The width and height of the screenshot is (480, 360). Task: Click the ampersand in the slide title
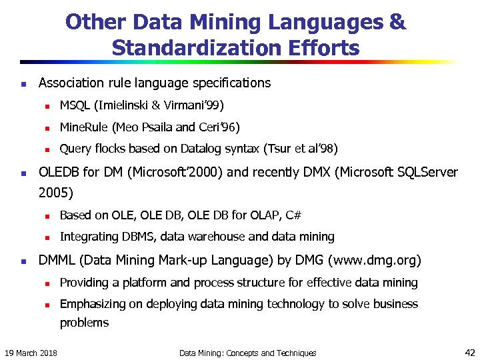click(x=397, y=23)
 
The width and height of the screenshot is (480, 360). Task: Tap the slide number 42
click(x=467, y=352)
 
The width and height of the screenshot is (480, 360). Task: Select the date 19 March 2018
click(x=31, y=353)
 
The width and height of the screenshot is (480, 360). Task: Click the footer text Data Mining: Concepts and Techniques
click(x=247, y=353)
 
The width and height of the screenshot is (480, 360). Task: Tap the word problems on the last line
click(x=84, y=323)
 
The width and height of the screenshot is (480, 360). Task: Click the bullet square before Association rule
click(x=23, y=85)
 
